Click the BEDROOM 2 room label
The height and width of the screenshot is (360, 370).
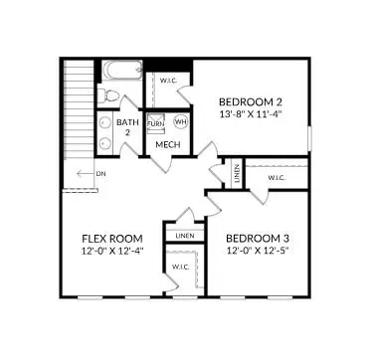251,101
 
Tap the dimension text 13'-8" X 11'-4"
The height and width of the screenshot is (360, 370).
251,114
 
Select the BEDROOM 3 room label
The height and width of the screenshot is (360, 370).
257,239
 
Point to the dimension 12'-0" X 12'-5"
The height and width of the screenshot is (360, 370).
257,252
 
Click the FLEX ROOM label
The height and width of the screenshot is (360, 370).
111,239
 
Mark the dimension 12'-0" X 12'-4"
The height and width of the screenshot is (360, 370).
111,252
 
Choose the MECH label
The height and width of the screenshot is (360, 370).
166,145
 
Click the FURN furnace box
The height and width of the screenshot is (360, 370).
155,121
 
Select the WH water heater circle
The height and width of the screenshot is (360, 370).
180,121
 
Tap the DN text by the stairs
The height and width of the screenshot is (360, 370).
100,173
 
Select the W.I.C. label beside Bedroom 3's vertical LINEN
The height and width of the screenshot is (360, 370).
277,179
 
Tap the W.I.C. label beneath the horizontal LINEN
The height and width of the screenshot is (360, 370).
180,267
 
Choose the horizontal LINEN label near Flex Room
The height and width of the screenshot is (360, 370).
185,236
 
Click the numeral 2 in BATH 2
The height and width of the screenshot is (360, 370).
127,132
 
